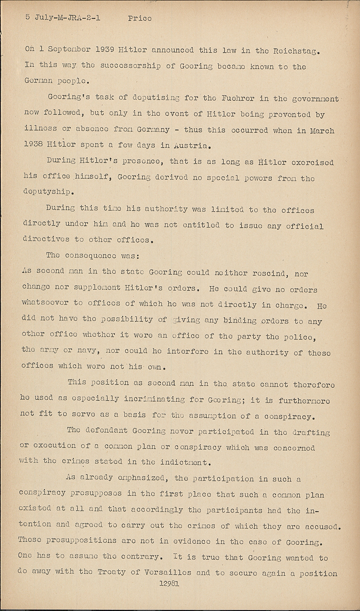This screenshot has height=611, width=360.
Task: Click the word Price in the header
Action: pyautogui.click(x=140, y=18)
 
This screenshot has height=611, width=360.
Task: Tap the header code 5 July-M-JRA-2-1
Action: pyautogui.click(x=64, y=18)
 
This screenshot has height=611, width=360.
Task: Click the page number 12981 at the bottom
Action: pyautogui.click(x=170, y=583)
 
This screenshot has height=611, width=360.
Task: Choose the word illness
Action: pyautogui.click(x=40, y=130)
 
